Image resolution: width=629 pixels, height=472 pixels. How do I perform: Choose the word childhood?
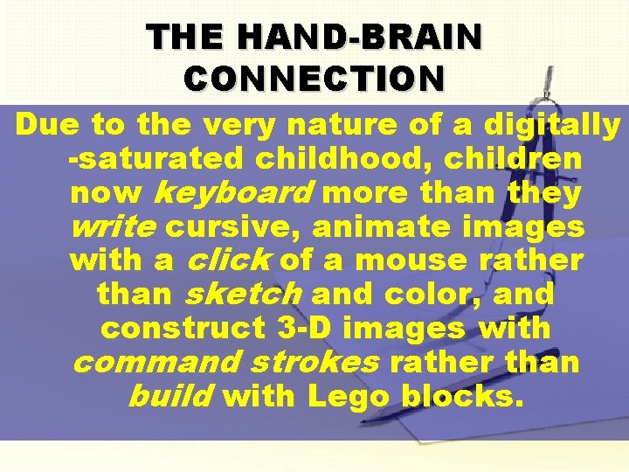click(349, 159)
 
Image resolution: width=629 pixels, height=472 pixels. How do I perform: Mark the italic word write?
click(113, 227)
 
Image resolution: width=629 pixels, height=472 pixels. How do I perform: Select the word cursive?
click(231, 227)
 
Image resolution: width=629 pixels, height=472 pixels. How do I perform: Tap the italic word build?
click(169, 397)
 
